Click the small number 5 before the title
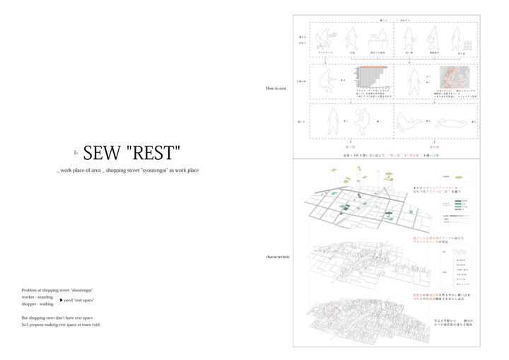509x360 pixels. click(75, 153)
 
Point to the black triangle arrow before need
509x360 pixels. click(62, 300)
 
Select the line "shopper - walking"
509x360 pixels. click(37, 304)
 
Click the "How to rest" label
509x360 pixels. click(276, 88)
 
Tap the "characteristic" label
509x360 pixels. click(277, 257)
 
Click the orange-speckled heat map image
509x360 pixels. click(454, 77)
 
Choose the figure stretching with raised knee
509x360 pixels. click(361, 122)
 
